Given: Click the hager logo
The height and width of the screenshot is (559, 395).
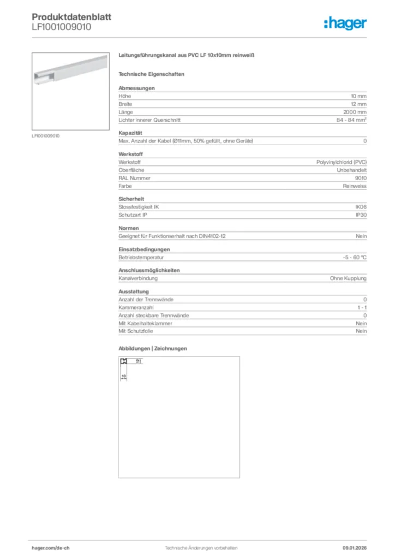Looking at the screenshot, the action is tap(345, 23).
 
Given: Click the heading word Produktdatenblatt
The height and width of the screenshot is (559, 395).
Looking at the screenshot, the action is tap(71, 17).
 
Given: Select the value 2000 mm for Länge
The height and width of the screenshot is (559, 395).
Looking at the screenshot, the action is tap(355, 112).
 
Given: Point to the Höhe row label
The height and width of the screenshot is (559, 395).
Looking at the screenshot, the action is tap(124, 96).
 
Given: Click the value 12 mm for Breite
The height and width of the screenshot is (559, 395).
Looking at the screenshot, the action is tap(358, 104).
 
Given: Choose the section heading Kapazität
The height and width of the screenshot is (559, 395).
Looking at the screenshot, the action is tap(130, 133).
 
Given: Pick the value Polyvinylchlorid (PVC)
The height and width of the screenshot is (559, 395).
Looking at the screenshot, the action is tap(342, 163).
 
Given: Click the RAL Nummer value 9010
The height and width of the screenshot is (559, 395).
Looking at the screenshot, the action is tap(361, 178).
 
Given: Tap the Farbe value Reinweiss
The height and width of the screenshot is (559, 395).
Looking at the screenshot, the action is tap(355, 186).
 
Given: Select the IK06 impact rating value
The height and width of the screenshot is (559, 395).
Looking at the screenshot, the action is tap(361, 207).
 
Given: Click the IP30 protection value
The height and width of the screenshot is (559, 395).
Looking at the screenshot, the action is tap(361, 215).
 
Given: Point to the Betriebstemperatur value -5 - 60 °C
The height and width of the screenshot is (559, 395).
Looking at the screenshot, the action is tap(351, 257).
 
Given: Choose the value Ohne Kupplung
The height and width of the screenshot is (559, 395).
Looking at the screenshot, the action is tap(348, 278).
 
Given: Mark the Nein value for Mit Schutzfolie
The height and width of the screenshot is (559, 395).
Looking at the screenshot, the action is tap(361, 331).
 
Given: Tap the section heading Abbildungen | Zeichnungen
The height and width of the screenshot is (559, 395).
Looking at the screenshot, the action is tap(153, 348).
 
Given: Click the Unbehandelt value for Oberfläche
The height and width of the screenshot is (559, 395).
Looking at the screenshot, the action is tap(352, 170).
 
